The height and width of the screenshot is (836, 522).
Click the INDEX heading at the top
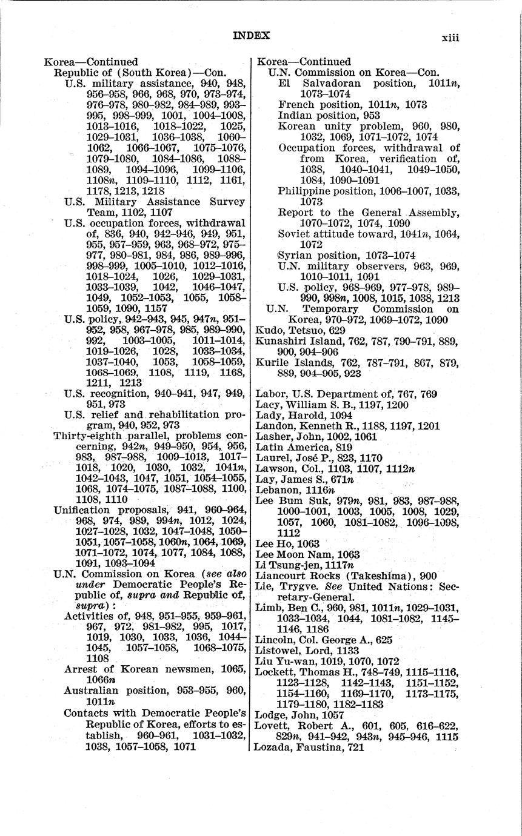click(251, 36)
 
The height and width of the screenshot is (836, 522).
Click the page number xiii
click(450, 38)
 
